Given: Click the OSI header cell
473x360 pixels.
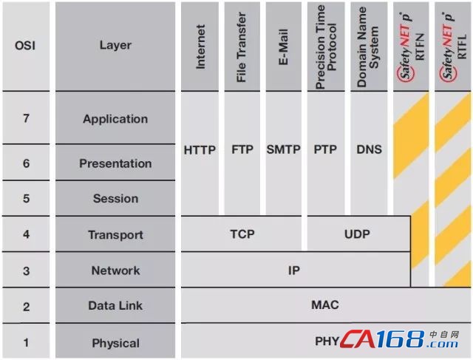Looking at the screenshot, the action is [25, 46].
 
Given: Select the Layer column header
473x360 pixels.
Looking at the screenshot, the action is [115, 45].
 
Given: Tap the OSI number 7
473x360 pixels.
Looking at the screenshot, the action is [27, 118].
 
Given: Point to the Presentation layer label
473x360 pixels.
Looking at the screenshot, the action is [115, 163].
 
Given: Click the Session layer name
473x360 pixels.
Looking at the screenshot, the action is [115, 199].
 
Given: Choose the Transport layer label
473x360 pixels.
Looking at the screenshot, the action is [115, 235].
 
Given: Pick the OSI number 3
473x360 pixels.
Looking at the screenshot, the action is [27, 271].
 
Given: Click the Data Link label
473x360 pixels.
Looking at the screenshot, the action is [115, 306].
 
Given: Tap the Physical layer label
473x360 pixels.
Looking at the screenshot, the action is [115, 343].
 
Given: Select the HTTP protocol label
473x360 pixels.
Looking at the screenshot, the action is [200, 150].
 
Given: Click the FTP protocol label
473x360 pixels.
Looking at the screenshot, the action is [242, 149].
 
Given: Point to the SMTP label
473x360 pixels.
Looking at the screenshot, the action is [283, 149].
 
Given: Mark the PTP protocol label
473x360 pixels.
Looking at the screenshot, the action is [325, 149].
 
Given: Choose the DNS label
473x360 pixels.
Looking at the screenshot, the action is [370, 149].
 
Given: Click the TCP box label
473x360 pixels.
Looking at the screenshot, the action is [242, 234].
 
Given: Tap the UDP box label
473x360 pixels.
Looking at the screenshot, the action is [357, 234].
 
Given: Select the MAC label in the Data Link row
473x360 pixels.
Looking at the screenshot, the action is [325, 305].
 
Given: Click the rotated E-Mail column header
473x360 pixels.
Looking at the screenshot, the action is [284, 47].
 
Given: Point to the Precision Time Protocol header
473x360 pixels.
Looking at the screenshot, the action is [326, 47].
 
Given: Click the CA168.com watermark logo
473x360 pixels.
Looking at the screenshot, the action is [399, 339].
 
